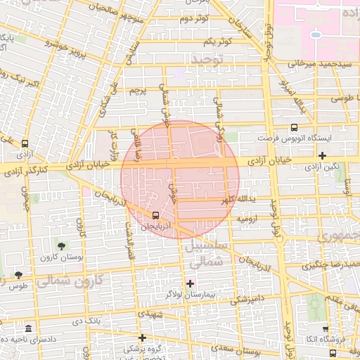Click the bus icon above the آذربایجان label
[x=155, y=216]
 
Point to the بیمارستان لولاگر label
[x=190, y=293]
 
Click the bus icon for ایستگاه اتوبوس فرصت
[x=294, y=127]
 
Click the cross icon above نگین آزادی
[x=322, y=155]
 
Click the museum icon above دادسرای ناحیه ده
[x=27, y=329]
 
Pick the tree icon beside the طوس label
[x=18, y=275]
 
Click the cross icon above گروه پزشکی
[x=142, y=337]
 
